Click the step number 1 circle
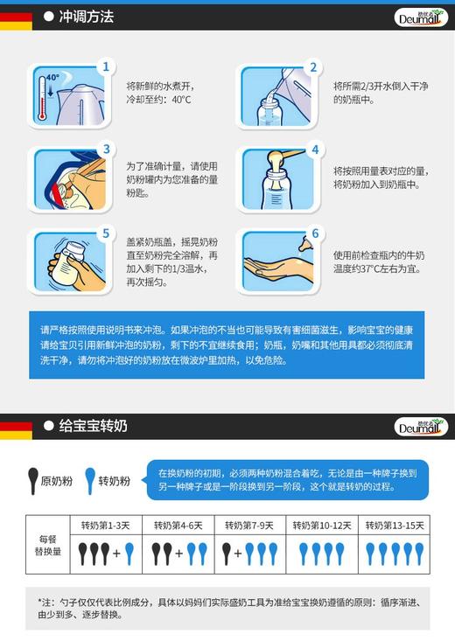(107, 66)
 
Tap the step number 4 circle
(314, 150)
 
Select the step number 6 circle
(314, 233)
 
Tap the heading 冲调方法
(85, 17)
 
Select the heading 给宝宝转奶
(92, 426)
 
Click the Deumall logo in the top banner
(420, 17)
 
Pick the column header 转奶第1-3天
(106, 526)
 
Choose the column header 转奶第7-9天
(249, 526)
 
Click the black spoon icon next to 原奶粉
(33, 480)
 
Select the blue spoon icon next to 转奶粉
(88, 480)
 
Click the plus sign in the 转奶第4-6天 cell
(179, 554)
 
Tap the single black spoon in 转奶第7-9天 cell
(227, 553)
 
